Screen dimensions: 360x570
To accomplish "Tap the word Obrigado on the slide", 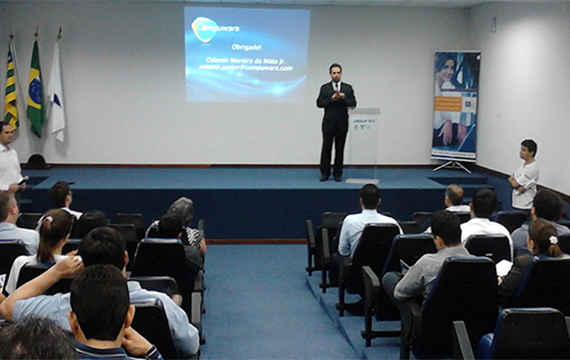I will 246,47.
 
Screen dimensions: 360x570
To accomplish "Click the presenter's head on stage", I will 335,71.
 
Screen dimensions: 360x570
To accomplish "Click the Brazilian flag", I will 36,89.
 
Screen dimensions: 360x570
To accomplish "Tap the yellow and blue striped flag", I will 11,89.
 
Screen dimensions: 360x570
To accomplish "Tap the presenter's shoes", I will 331,177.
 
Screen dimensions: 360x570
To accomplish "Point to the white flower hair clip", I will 553,240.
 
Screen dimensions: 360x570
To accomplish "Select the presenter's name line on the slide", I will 248,60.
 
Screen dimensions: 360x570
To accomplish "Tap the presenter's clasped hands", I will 335,95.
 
